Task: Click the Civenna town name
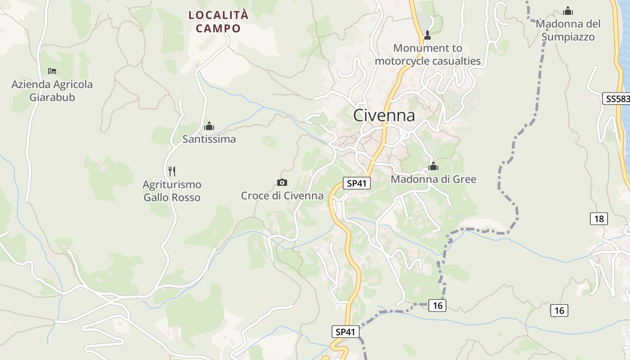(x=384, y=115)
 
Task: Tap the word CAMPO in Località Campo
(x=219, y=28)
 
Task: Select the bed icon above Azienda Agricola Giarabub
(x=52, y=71)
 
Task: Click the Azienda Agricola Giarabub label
(x=52, y=90)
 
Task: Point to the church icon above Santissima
(x=209, y=126)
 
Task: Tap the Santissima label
(x=209, y=139)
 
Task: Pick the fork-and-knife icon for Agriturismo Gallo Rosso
(x=171, y=171)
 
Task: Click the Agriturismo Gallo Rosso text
(x=172, y=191)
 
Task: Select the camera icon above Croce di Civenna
(x=282, y=182)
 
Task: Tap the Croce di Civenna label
(x=282, y=196)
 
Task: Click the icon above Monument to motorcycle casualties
(x=427, y=35)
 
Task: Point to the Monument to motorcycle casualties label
(x=427, y=54)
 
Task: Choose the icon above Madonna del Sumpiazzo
(x=568, y=11)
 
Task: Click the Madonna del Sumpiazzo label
(x=568, y=30)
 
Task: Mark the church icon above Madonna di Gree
(x=433, y=166)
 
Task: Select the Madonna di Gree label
(x=433, y=179)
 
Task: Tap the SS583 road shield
(x=616, y=99)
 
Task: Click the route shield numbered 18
(x=598, y=219)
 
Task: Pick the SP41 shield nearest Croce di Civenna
(x=356, y=183)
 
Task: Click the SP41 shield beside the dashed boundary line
(x=346, y=332)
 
